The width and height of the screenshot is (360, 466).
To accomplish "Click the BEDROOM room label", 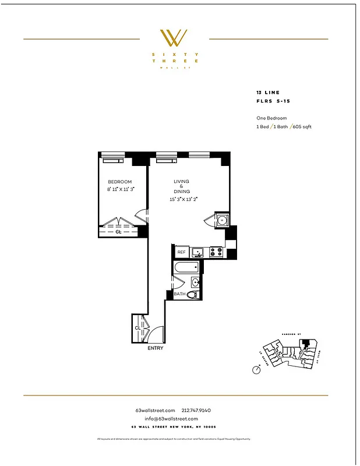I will [119, 182].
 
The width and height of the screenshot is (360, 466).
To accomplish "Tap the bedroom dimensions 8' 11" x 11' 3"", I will [121, 189].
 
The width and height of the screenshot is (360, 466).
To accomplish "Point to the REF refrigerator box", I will [181, 252].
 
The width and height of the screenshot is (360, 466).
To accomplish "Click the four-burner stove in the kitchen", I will [216, 252].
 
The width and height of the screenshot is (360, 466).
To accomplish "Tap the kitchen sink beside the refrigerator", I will [198, 252].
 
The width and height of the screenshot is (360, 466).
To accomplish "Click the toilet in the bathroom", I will [192, 295].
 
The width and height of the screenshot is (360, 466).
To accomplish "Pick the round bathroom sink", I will [196, 283].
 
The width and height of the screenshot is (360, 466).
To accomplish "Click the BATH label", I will [179, 295].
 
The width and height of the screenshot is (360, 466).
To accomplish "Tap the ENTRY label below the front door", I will [156, 348].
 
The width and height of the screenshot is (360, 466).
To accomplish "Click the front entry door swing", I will [156, 333].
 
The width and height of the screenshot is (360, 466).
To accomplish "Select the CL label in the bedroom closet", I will [118, 231].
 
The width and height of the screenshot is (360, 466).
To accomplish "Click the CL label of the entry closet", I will [137, 328].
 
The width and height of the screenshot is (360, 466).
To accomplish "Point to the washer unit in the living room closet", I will [221, 220].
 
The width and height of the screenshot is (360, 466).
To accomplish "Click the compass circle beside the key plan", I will [257, 369].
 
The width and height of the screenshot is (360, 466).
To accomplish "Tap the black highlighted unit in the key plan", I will [306, 347].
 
